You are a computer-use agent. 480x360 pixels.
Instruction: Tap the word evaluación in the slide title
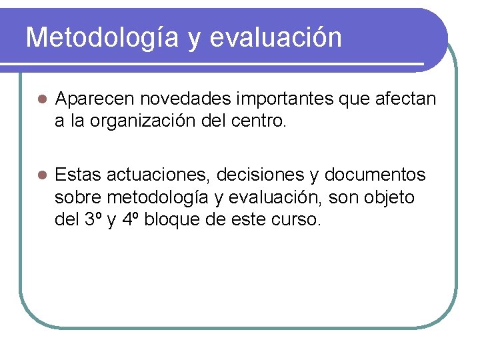point(275,38)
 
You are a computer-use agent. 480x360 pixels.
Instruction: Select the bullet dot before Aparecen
point(40,100)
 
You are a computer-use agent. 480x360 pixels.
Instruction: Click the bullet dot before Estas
point(40,175)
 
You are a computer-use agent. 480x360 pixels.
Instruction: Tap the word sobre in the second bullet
point(78,197)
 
